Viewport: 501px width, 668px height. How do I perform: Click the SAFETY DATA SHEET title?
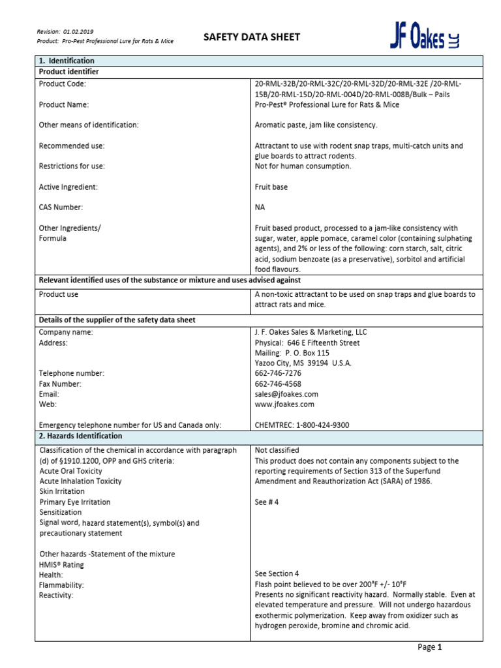(x=252, y=37)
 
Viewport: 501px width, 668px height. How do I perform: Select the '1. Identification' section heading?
(x=67, y=61)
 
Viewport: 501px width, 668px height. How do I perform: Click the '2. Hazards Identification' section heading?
(x=80, y=436)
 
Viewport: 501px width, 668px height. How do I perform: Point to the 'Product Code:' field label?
(x=63, y=84)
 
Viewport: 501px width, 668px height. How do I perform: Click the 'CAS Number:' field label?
(x=61, y=207)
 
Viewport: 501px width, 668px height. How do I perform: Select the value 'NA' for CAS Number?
(x=260, y=207)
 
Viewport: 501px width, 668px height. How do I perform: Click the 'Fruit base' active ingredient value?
(x=271, y=187)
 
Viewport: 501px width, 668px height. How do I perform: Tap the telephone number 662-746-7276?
(x=278, y=373)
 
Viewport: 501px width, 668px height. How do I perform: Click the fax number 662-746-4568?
(x=278, y=384)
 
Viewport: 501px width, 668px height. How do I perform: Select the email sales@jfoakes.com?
(x=286, y=394)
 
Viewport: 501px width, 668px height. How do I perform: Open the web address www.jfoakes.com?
(x=284, y=404)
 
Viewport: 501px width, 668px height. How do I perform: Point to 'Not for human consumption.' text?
(x=303, y=166)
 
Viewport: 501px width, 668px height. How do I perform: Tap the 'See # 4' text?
(x=269, y=502)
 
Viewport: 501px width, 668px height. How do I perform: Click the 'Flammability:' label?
(x=62, y=585)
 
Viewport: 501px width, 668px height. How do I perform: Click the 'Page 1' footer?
(x=430, y=647)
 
